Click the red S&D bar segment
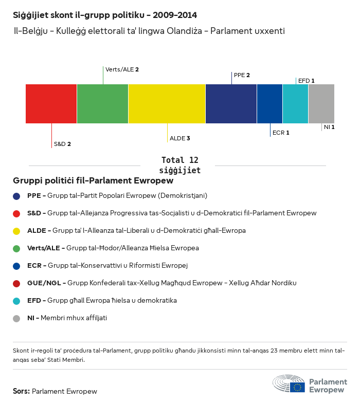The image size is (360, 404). click(51, 104)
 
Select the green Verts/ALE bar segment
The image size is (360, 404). click(102, 104)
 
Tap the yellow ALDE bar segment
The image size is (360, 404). click(167, 104)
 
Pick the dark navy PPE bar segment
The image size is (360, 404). click(231, 104)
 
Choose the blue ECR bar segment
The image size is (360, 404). click(269, 104)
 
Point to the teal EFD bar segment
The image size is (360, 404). click(295, 104)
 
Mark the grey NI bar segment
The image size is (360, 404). click(321, 104)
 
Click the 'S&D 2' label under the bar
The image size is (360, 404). click(62, 144)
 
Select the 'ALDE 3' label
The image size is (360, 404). click(180, 138)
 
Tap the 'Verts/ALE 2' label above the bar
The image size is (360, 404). click(122, 69)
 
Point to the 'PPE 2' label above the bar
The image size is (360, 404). click(242, 75)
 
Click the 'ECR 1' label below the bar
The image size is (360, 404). click(281, 133)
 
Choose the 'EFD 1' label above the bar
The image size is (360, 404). click(306, 81)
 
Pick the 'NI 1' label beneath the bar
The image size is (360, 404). click(329, 127)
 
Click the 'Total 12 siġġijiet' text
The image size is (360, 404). click(179, 165)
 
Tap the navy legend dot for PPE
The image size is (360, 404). click(16, 196)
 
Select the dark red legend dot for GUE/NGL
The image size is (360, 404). click(16, 283)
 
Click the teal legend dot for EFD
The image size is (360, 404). click(16, 301)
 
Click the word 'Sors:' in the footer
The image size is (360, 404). click(22, 391)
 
